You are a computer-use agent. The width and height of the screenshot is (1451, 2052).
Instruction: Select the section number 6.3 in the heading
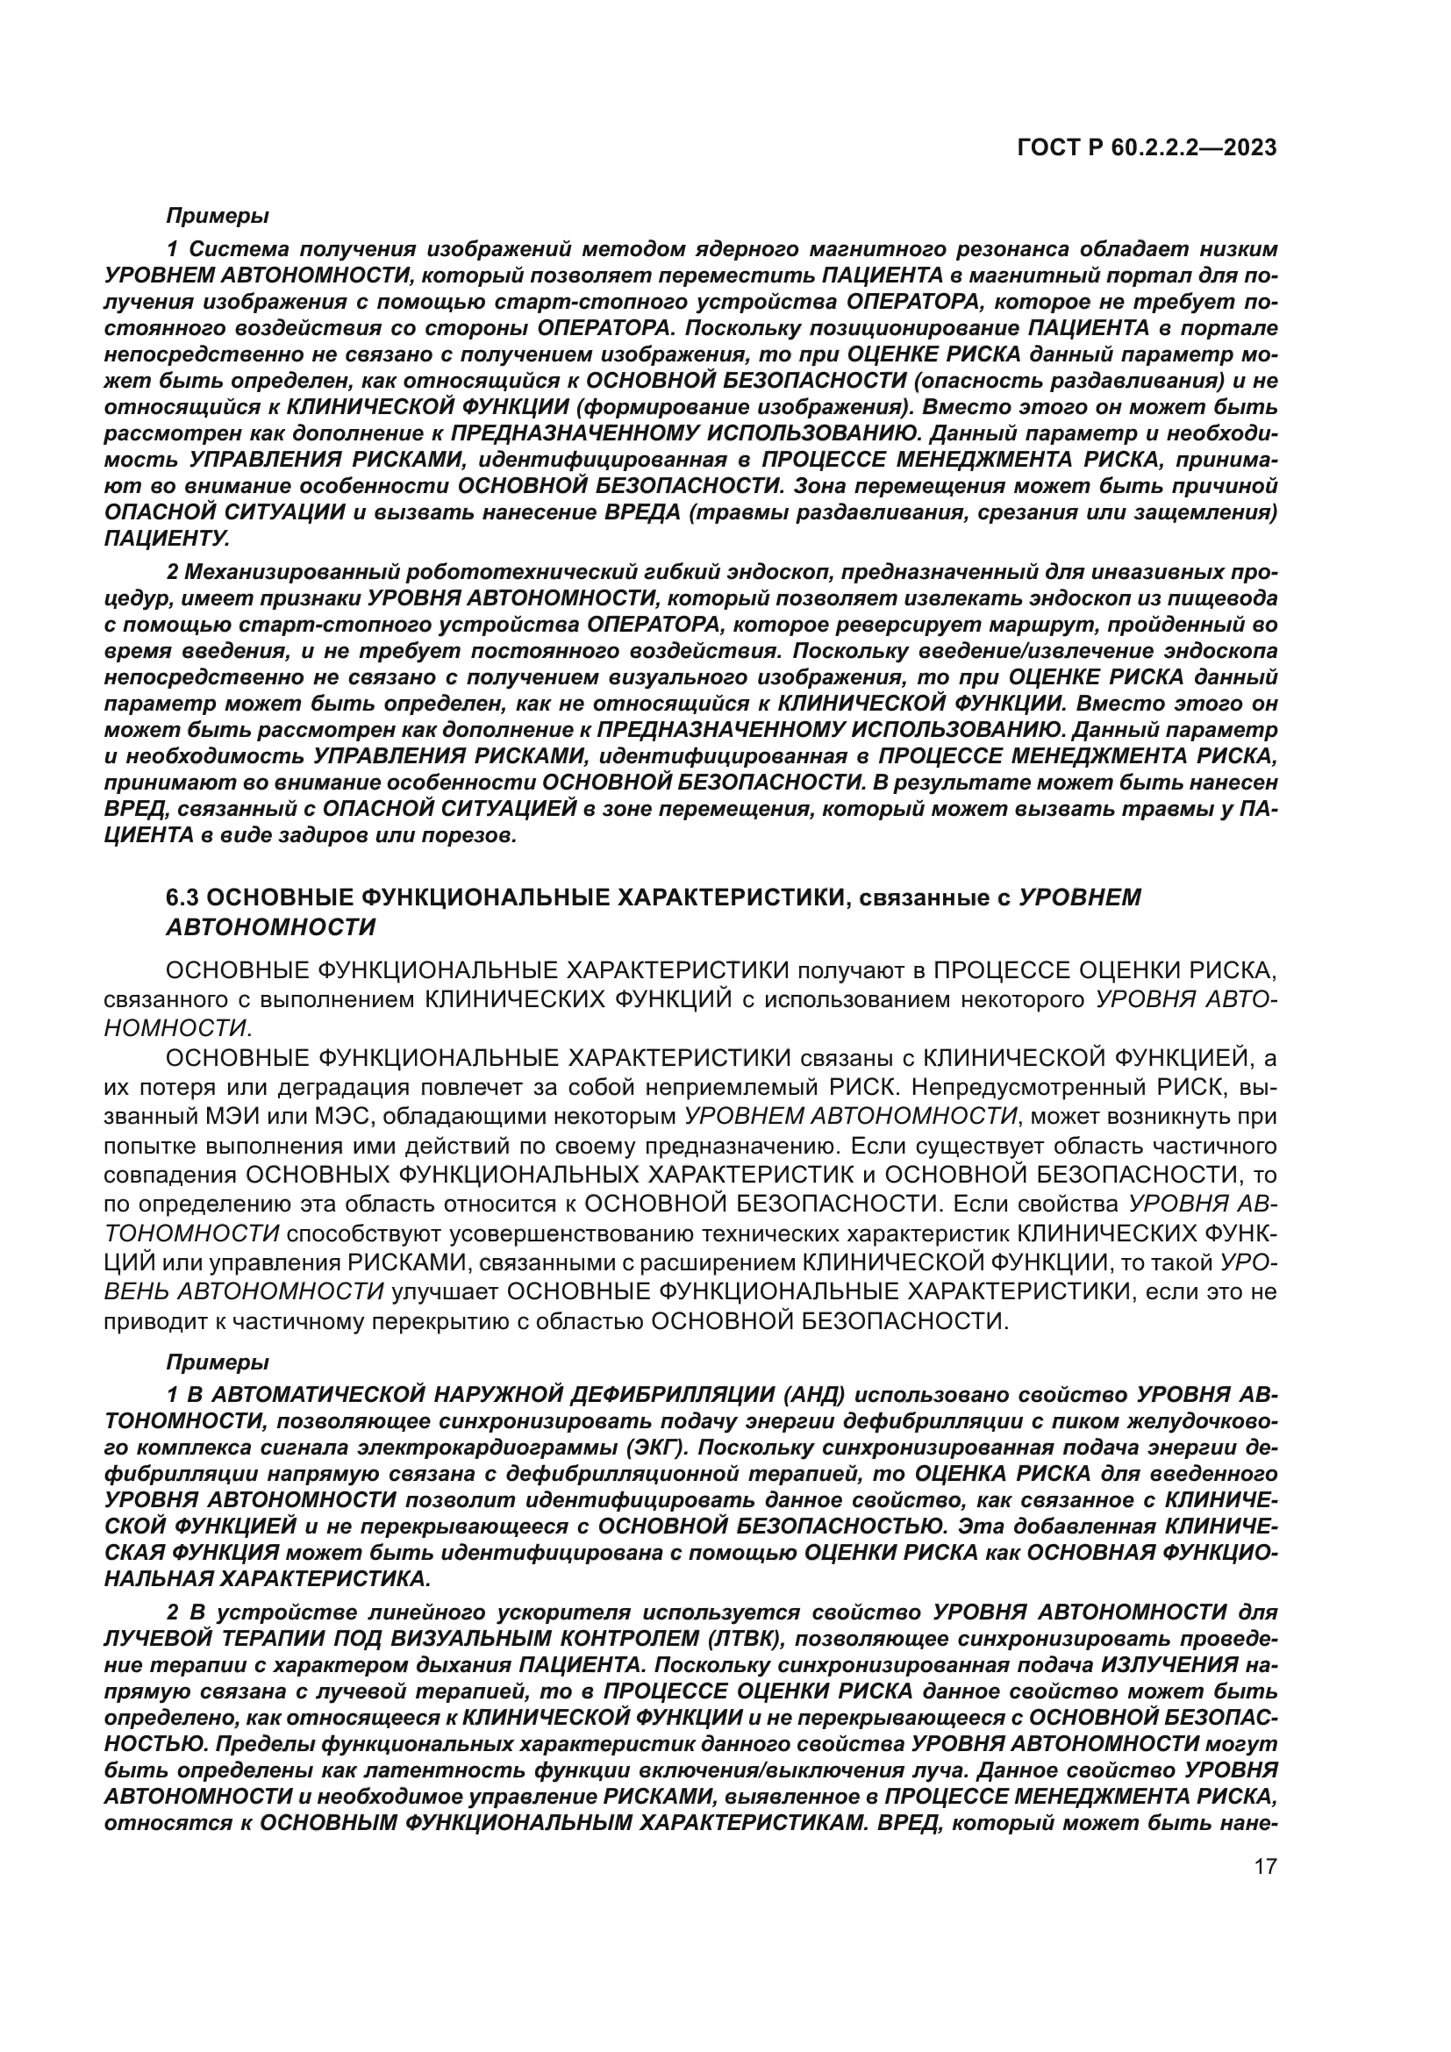185,897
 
